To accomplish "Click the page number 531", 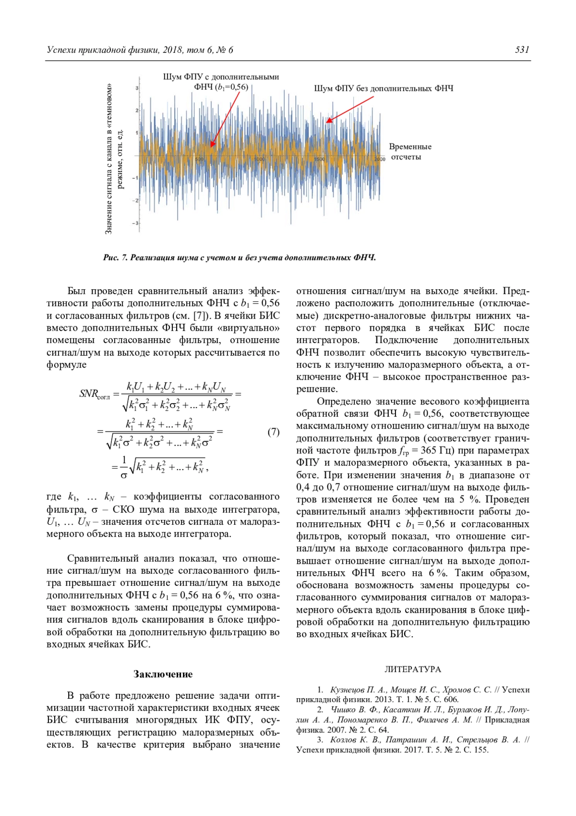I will [x=522, y=49].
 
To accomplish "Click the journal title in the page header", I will [x=140, y=50].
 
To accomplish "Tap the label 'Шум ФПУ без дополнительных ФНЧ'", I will [x=384, y=88].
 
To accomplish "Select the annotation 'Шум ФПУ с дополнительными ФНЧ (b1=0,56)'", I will [x=221, y=82].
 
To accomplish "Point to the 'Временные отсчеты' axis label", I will [x=409, y=152].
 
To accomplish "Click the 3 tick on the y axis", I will [x=137, y=88].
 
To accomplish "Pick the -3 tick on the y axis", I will [x=135, y=223].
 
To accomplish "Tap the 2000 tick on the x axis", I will [x=379, y=159].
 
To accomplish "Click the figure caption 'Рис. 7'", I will [x=115, y=258].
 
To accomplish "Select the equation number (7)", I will [x=273, y=432].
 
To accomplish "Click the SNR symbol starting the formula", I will [x=89, y=394].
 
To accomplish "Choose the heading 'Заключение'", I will [x=163, y=674].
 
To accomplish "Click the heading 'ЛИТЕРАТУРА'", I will [x=412, y=669].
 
